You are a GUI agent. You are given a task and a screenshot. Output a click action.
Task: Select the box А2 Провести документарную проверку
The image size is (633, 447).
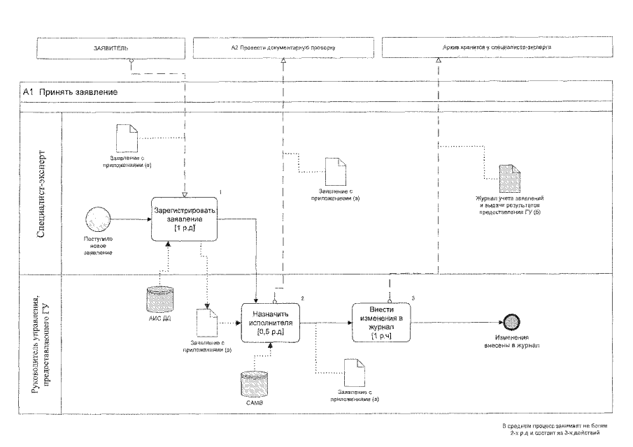click(283, 47)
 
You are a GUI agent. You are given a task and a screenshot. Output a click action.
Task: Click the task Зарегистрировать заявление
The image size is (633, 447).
click(185, 219)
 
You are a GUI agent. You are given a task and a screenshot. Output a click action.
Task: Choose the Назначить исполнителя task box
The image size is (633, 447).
click(275, 323)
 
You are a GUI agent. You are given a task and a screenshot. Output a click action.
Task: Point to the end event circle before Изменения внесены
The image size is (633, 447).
click(512, 323)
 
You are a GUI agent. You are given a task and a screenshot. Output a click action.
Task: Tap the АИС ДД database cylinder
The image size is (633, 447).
click(159, 298)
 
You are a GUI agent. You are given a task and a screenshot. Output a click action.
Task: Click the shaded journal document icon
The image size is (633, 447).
click(507, 179)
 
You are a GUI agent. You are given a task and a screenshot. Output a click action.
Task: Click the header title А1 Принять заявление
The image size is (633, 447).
click(70, 92)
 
